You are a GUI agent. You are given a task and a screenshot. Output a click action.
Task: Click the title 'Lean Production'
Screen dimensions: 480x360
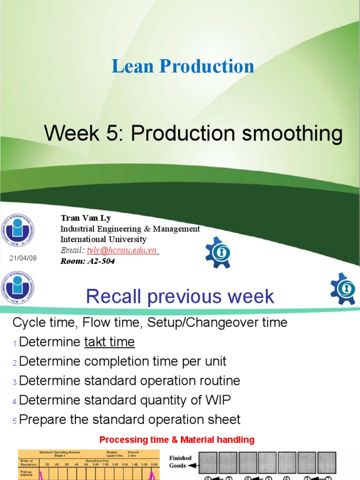(x=183, y=66)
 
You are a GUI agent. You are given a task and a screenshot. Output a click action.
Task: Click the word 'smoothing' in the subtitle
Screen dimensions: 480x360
(x=292, y=134)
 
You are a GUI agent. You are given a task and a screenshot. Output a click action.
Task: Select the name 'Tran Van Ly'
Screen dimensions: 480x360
(x=86, y=218)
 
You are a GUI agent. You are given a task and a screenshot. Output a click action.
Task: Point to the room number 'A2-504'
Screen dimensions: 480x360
(x=101, y=261)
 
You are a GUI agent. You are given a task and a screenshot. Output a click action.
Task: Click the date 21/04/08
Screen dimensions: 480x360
(x=23, y=258)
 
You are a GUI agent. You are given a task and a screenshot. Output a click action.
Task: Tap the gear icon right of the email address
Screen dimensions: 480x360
(x=218, y=252)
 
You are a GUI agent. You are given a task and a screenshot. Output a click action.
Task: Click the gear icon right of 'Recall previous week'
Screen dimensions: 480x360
(x=343, y=288)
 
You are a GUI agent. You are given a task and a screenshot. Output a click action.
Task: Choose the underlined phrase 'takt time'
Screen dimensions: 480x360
(x=109, y=342)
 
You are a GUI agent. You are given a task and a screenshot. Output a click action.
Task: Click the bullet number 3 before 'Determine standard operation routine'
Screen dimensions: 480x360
(x=15, y=382)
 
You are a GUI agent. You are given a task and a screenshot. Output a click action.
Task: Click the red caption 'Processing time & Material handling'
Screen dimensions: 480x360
(x=177, y=440)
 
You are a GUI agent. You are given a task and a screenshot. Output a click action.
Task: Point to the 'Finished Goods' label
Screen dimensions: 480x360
(x=180, y=462)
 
